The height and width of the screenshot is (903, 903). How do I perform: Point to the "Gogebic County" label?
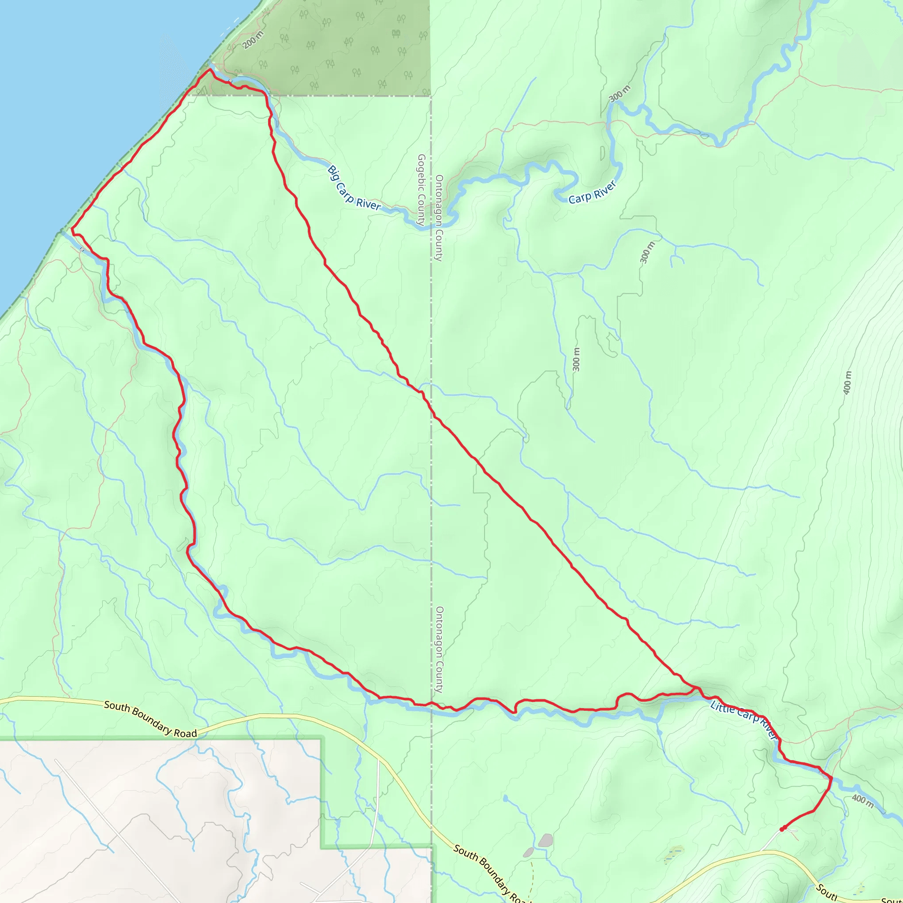[x=421, y=190]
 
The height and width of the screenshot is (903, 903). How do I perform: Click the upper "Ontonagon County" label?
[x=439, y=218]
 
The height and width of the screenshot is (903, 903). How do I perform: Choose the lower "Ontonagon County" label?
[x=439, y=649]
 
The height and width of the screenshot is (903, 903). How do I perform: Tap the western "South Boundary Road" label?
[x=150, y=719]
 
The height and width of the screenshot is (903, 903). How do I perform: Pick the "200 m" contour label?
[x=253, y=40]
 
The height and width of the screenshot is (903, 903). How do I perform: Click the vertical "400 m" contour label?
[x=848, y=383]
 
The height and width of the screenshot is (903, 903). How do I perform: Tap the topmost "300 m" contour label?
[x=620, y=94]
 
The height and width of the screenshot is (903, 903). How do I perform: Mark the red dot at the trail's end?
[x=782, y=829]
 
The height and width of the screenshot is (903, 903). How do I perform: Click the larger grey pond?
[x=545, y=840]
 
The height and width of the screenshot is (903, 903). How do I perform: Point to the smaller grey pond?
[x=528, y=852]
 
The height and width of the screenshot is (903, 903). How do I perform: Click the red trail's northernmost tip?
[x=210, y=69]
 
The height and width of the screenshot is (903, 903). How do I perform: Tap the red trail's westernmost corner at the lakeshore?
[x=72, y=229]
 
